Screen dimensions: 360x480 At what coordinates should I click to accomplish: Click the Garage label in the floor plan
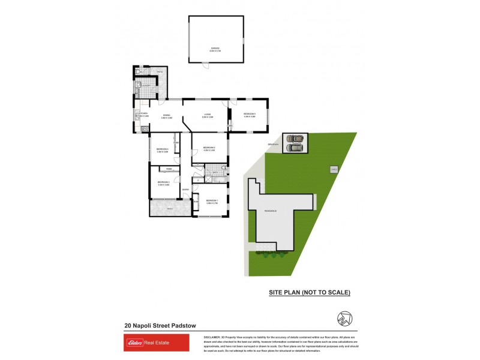pos(215,48)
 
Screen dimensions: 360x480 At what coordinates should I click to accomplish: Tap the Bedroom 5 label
pos(250,114)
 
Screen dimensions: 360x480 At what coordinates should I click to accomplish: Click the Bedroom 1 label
pos(212,200)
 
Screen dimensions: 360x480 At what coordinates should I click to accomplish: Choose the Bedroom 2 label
pos(209,148)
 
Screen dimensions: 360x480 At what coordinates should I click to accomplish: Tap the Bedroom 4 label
pos(163,149)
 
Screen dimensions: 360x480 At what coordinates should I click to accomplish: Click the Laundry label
pos(145,85)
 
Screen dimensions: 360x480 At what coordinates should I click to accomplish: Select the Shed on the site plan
pos(333,170)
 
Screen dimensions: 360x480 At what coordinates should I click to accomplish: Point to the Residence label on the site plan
pos(269,211)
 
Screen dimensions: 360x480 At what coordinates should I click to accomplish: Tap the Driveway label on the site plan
pos(273,145)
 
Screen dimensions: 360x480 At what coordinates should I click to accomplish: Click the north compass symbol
pos(345,319)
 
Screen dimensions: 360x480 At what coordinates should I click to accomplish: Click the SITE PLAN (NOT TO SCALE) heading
pos(309,292)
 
